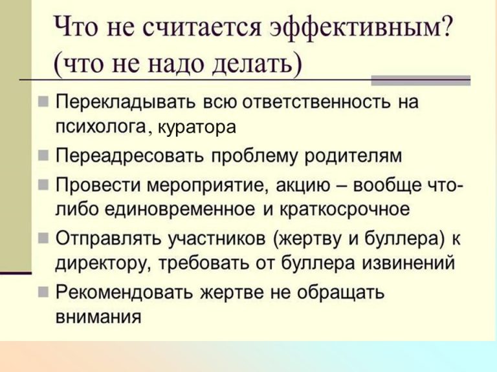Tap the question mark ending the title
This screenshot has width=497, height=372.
[x=446, y=26]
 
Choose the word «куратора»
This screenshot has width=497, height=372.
[x=197, y=128]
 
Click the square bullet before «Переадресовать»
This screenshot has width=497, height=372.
[x=43, y=156]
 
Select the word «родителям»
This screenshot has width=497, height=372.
[x=353, y=156]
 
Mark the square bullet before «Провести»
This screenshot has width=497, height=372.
[x=43, y=185]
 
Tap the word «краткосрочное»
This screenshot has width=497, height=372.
[x=344, y=210]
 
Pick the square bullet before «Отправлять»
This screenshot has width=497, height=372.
[x=43, y=238]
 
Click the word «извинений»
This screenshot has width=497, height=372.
[x=408, y=263]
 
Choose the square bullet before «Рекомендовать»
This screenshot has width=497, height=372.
[x=43, y=292]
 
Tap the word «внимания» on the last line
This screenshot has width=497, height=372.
[x=98, y=317]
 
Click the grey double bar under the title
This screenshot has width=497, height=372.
[x=421, y=80]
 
